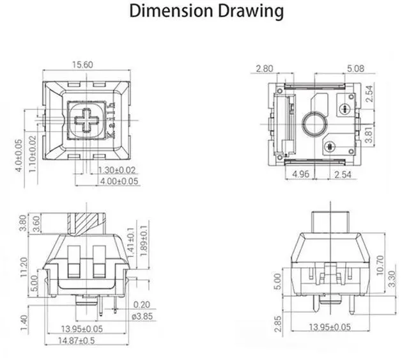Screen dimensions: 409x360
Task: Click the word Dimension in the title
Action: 171,11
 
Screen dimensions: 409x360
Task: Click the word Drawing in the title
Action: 251,12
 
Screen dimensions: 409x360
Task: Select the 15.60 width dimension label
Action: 82,65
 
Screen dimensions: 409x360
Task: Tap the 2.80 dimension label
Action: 265,68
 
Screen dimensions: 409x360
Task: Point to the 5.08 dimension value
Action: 355,68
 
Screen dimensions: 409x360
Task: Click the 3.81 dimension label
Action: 369,134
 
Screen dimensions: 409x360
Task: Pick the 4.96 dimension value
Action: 301,174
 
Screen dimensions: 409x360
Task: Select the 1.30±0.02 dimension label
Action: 116,170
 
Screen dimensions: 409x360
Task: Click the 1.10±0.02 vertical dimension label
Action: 33,154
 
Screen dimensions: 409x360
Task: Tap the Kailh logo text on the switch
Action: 112,120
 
